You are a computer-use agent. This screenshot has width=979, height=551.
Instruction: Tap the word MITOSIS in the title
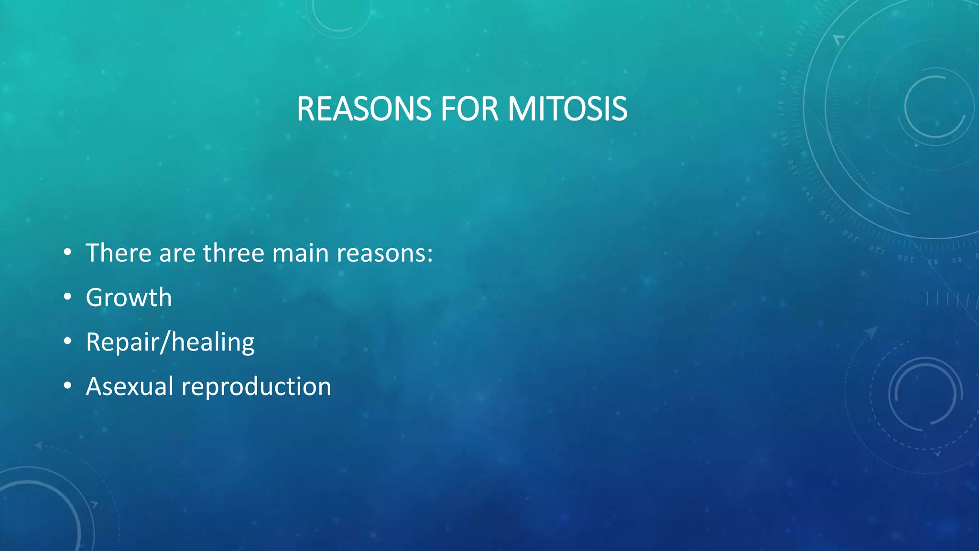pyautogui.click(x=567, y=109)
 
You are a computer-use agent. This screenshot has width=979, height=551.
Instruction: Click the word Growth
pyautogui.click(x=129, y=298)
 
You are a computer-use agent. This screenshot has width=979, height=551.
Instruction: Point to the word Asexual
pyautogui.click(x=130, y=386)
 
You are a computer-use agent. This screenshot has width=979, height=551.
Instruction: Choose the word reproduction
pyautogui.click(x=256, y=386)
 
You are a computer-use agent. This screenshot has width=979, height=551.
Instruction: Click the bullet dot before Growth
pyautogui.click(x=67, y=297)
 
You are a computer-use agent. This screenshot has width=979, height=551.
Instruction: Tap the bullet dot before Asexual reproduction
pyautogui.click(x=67, y=386)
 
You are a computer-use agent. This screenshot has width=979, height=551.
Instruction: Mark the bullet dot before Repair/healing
pyautogui.click(x=67, y=341)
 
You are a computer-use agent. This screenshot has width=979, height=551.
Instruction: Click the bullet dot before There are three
pyautogui.click(x=67, y=252)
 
